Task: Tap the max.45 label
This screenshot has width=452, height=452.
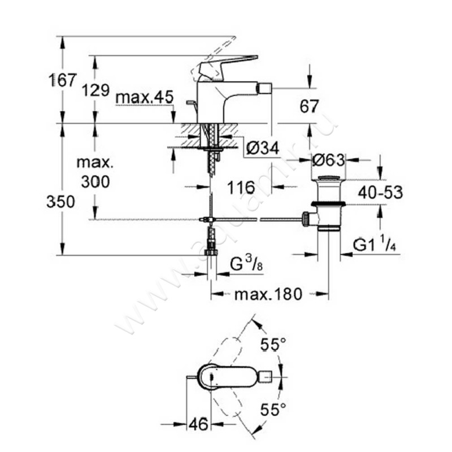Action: (144, 97)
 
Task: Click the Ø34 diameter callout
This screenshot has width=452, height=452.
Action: (263, 149)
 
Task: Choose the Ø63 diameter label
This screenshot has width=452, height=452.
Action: (329, 160)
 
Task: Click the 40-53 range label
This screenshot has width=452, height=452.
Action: (380, 193)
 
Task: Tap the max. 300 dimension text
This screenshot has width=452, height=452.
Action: (95, 172)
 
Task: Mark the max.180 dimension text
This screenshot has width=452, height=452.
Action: (269, 294)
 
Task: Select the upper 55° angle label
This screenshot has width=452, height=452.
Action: (273, 343)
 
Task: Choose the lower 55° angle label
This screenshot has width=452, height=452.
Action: (273, 411)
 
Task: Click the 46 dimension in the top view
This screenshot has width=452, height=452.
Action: (198, 423)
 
